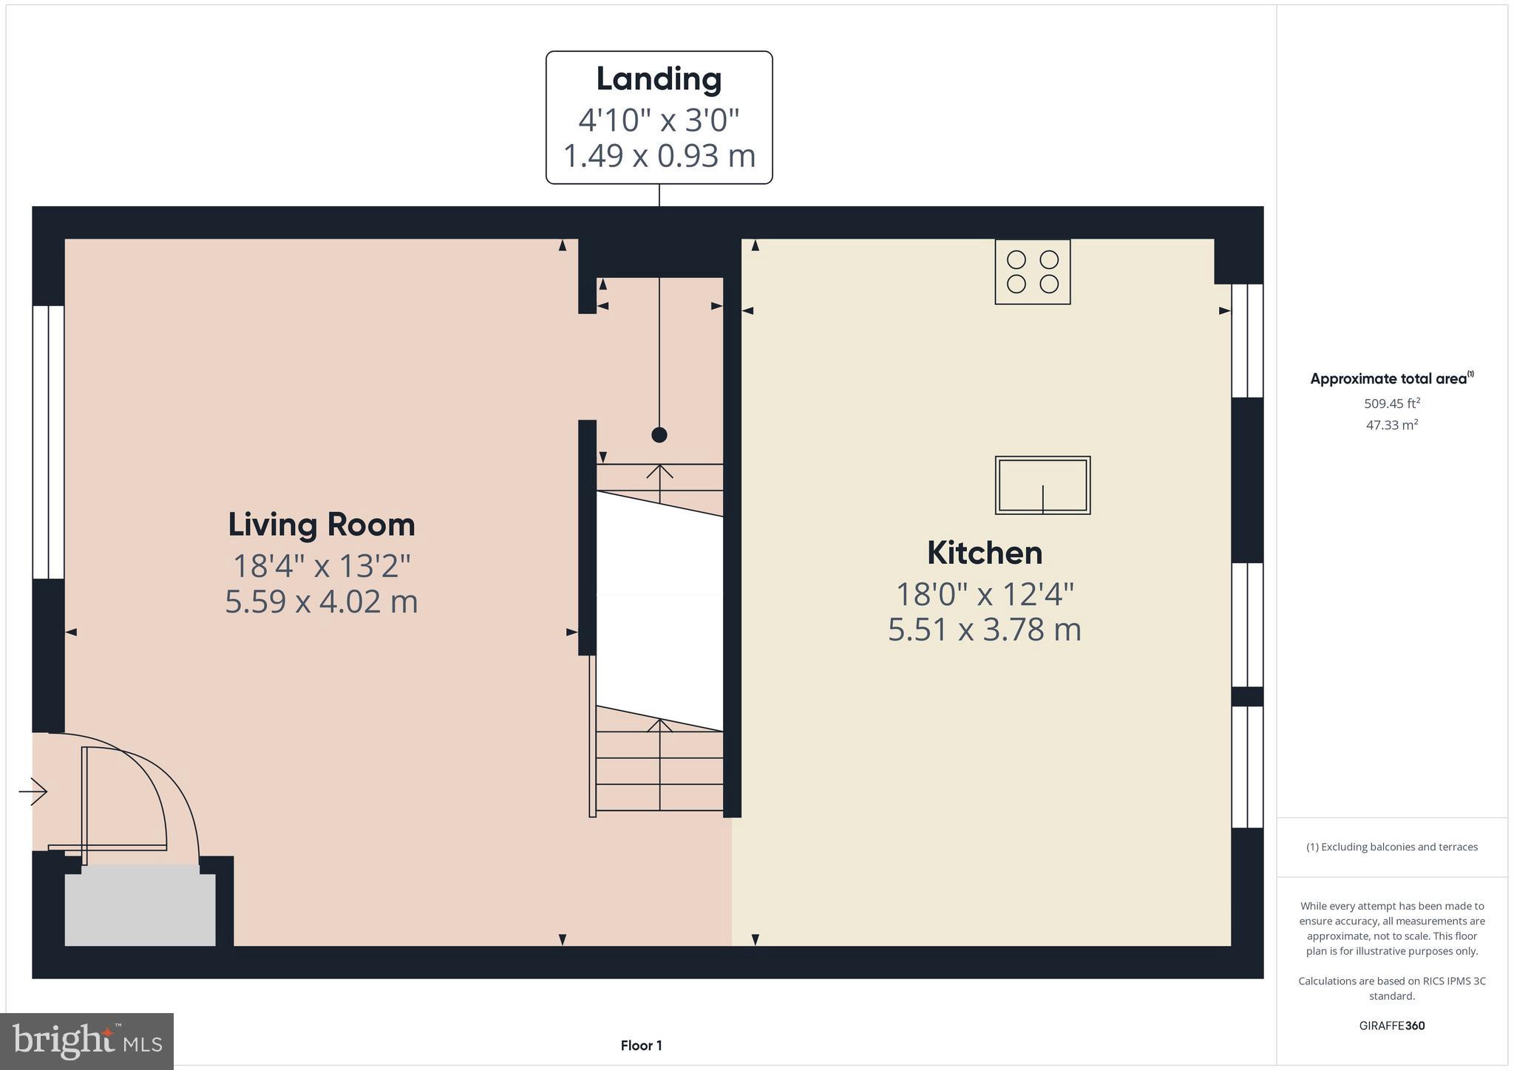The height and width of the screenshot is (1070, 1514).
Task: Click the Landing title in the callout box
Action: tap(659, 80)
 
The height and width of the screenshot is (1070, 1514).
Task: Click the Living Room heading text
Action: tap(321, 525)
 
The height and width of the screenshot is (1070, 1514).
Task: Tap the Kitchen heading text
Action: tap(984, 553)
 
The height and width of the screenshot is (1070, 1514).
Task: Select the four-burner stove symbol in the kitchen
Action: tap(1032, 271)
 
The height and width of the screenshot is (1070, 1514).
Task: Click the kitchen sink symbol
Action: tap(1042, 485)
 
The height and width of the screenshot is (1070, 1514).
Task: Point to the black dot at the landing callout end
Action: tap(659, 435)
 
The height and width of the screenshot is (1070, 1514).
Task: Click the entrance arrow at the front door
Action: tap(33, 792)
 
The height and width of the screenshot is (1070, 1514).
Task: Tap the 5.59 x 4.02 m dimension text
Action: tap(321, 602)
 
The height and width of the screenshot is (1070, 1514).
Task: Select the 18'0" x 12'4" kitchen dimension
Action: tap(984, 593)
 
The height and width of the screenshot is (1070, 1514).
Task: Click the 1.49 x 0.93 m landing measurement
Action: tap(659, 156)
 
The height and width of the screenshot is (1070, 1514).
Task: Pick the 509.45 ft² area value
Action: tap(1391, 403)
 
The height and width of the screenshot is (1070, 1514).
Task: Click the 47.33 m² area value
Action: tap(1391, 425)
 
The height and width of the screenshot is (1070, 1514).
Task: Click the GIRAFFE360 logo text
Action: tap(1391, 1026)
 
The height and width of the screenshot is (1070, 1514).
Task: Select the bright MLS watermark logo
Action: tap(86, 1042)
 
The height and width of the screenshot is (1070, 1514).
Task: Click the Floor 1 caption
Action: tap(641, 1046)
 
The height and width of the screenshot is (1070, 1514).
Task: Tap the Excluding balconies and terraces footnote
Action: tap(1391, 847)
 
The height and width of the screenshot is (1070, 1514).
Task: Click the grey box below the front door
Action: tap(140, 909)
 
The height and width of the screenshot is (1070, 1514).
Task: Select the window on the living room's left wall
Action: tap(48, 442)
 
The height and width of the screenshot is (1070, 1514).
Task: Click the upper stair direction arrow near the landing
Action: tap(659, 473)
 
